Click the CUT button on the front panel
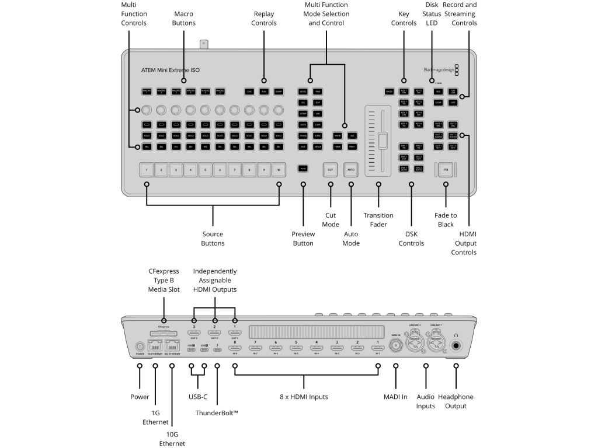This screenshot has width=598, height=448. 331,170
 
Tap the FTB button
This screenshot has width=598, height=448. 446,170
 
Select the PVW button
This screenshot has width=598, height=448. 303,169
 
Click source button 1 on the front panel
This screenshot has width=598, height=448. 147,170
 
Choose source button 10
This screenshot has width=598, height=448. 279,170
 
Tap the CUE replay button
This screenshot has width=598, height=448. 249,92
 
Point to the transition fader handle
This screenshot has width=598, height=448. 383,142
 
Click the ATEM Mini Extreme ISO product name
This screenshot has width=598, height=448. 170,70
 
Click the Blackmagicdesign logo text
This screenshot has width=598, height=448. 438,70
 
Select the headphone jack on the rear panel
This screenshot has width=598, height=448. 456,345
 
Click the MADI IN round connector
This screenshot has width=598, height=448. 395,345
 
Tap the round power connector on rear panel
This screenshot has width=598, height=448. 140,345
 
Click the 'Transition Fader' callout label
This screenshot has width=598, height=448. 378,220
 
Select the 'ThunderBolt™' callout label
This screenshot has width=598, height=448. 217,413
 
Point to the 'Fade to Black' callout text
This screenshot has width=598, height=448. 446,220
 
